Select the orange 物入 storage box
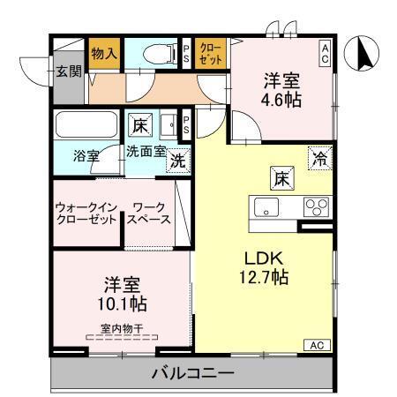pyautogui.click(x=104, y=53)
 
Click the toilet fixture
pyautogui.click(x=156, y=53)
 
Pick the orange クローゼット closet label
pyautogui.click(x=211, y=53)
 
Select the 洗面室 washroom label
pyautogui.click(x=145, y=151)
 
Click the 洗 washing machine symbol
pyautogui.click(x=177, y=161)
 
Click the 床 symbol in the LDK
pyautogui.click(x=281, y=177)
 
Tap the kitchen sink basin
pyautogui.click(x=266, y=208)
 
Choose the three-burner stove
pyautogui.click(x=315, y=208)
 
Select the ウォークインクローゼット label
pyautogui.click(x=86, y=213)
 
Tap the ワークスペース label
pyautogui.click(x=150, y=213)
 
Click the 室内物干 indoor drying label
pyautogui.click(x=122, y=328)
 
